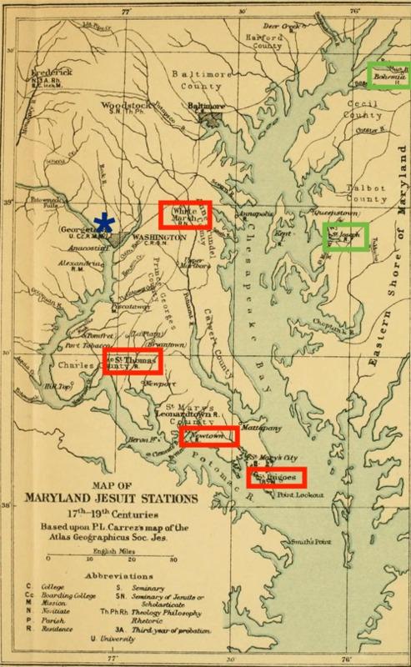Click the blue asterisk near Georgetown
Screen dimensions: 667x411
[104, 222]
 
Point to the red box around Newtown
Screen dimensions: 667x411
[209, 435]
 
